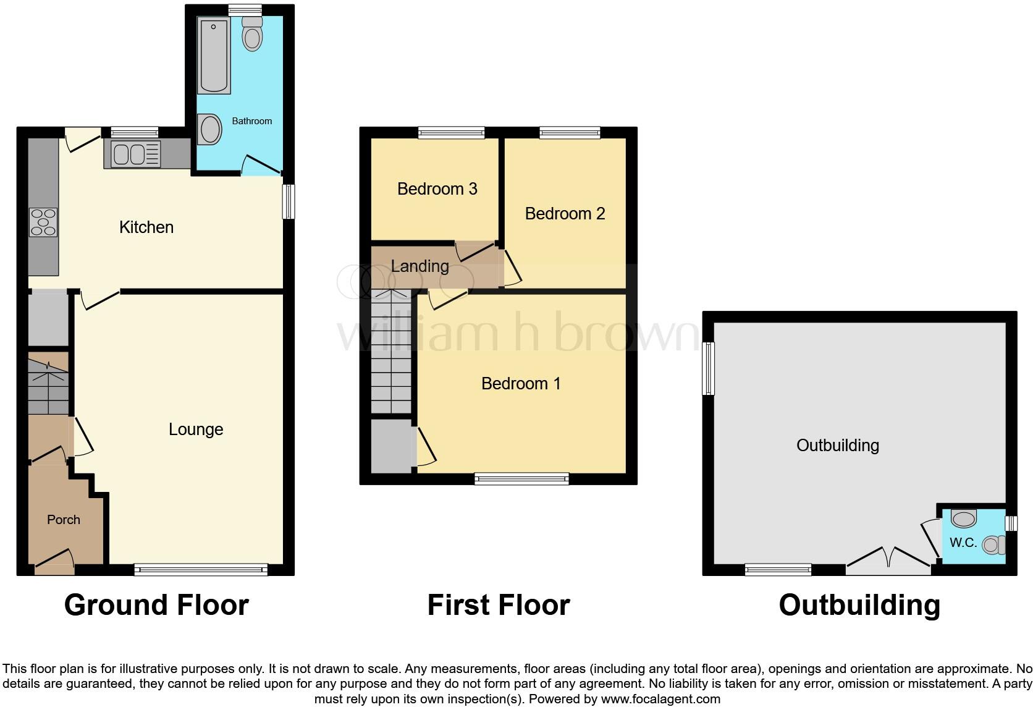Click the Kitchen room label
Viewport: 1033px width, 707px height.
146,227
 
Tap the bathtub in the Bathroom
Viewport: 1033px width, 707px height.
214,55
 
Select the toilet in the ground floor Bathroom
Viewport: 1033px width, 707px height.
252,33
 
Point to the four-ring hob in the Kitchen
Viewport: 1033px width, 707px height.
43,222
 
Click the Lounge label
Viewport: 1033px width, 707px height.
196,430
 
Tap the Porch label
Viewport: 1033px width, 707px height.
64,520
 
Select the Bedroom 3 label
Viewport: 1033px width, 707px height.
437,189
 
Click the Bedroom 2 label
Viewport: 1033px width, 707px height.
565,214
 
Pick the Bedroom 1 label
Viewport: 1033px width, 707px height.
521,384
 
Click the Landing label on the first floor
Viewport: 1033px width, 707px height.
420,266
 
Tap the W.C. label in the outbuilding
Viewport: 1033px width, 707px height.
963,543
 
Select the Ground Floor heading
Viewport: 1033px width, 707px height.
156,605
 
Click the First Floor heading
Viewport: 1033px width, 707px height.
498,605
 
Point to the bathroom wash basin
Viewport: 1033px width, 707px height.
210,130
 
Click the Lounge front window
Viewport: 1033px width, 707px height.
201,570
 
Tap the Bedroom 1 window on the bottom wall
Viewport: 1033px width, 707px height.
521,478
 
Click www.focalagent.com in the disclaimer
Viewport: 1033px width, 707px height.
660,700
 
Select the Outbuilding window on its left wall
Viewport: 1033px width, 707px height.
709,368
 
